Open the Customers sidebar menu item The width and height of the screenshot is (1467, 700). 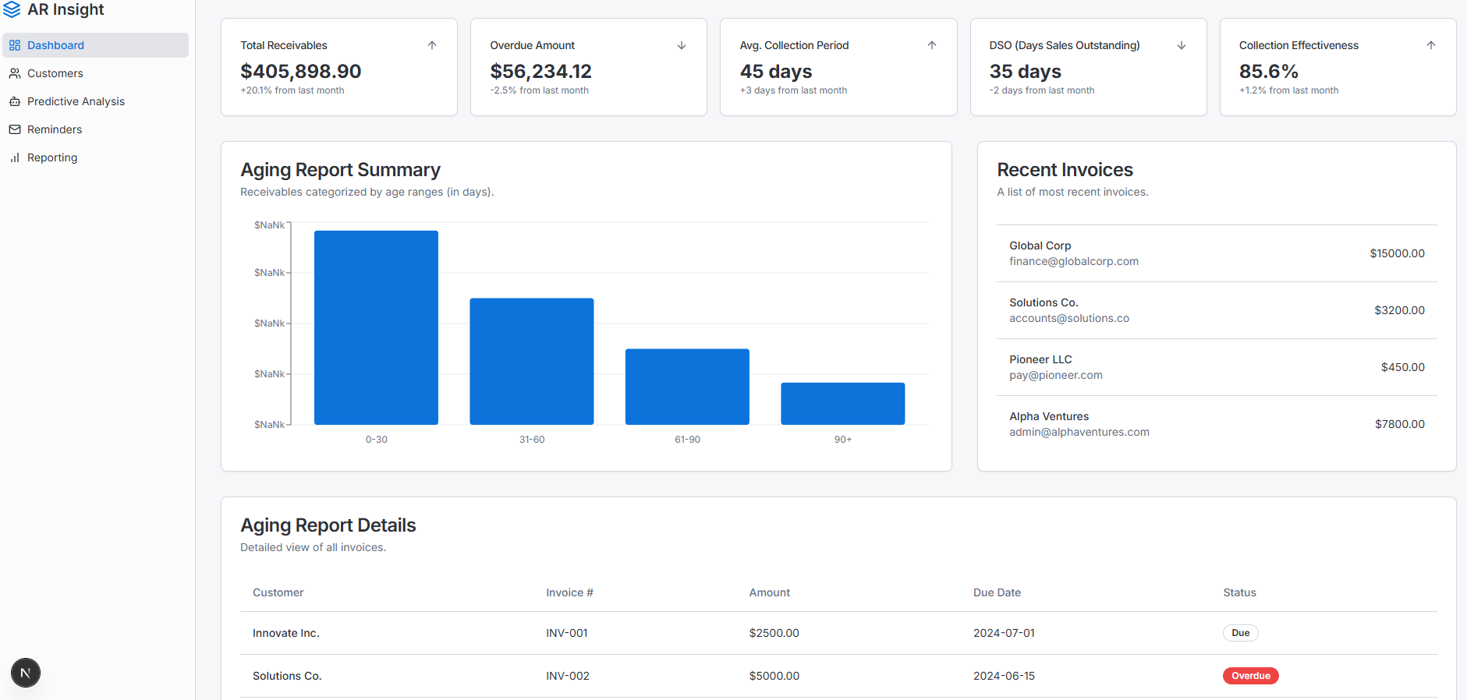(55, 73)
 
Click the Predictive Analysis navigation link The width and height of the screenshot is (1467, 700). (76, 101)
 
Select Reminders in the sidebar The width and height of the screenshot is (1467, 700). (54, 129)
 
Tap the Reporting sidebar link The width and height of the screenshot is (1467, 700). (51, 157)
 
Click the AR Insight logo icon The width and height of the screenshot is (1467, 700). (12, 9)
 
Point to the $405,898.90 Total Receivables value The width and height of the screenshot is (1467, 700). (300, 71)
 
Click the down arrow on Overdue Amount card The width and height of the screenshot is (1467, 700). (682, 45)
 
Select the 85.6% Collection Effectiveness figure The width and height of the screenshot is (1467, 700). (1268, 71)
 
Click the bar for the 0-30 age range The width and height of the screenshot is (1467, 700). (376, 327)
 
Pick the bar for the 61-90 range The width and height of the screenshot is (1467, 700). (687, 387)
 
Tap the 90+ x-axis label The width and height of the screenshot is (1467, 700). (842, 440)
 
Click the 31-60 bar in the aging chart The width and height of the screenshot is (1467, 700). (531, 361)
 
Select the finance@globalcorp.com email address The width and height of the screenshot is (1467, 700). (1073, 261)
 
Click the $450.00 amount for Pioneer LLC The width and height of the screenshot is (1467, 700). (1402, 367)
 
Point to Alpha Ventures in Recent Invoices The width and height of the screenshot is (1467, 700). (1048, 416)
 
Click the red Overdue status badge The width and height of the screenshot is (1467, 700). (1250, 676)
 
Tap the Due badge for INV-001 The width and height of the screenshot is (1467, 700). (1240, 633)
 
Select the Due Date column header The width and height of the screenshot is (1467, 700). (997, 592)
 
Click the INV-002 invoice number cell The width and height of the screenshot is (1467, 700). (567, 676)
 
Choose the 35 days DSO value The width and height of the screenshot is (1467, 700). (1025, 71)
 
